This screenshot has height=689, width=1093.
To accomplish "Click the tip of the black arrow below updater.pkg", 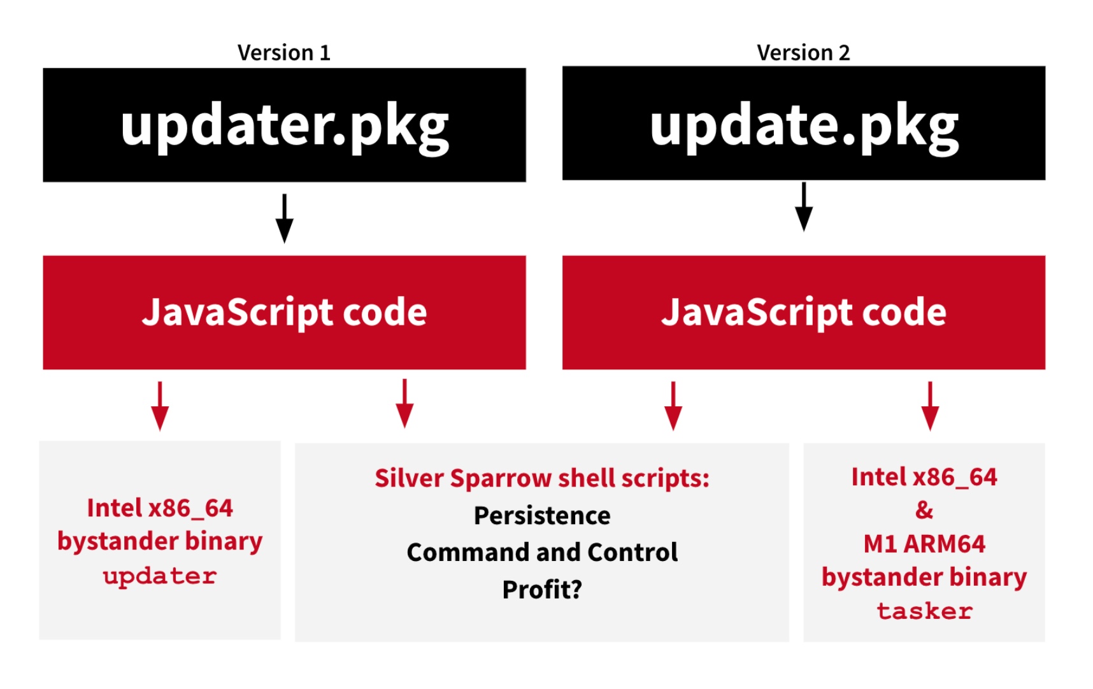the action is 284,243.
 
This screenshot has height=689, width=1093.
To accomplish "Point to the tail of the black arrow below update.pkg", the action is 804,183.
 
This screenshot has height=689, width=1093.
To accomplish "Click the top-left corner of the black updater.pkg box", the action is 43,68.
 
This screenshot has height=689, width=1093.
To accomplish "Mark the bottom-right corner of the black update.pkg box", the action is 1045,180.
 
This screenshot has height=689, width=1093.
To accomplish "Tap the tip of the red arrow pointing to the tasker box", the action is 930,431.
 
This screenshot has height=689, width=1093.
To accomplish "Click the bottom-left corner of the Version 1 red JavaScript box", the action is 43,369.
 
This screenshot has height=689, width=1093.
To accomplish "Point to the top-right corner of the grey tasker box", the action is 1045,443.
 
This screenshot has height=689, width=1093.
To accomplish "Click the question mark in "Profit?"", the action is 576,590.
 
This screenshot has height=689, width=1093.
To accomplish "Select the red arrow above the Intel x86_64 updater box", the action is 160,406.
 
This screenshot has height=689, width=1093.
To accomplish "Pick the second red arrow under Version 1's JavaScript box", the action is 404,404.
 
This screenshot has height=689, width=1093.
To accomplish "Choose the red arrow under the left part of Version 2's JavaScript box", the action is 673,406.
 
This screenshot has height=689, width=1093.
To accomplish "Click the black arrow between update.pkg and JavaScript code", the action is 804,207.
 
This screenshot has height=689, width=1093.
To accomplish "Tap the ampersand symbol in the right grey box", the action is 924,510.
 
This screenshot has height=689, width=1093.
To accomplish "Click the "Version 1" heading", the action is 284,52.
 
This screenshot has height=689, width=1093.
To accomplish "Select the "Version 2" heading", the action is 804,52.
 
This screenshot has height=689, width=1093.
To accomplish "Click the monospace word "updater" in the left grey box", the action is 160,576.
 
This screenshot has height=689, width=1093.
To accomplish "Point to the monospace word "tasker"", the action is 924,611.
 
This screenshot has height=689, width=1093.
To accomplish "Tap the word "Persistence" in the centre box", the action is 542,515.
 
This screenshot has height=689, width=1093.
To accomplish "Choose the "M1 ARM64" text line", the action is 924,544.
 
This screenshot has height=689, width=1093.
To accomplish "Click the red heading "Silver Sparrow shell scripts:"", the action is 542,478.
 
